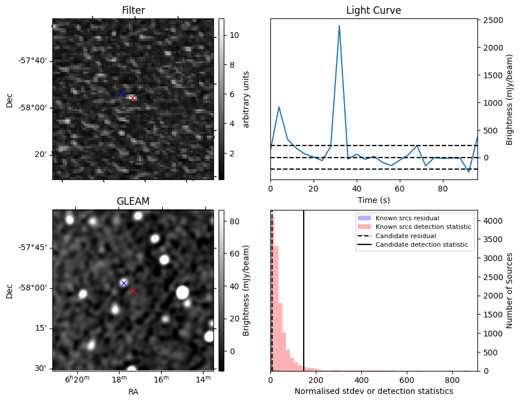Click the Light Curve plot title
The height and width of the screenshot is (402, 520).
click(x=373, y=10)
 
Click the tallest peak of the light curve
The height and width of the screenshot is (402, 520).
click(x=339, y=26)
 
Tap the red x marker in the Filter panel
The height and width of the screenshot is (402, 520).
click(x=133, y=98)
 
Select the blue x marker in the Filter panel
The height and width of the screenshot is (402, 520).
click(x=121, y=93)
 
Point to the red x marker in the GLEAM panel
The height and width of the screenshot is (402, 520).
click(x=133, y=290)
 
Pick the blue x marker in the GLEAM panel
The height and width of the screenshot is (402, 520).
click(x=124, y=282)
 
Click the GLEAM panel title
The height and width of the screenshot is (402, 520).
click(x=133, y=201)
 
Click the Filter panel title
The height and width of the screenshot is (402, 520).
click(x=133, y=10)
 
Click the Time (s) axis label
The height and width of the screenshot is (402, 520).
click(x=373, y=200)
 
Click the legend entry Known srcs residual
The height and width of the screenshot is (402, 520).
click(x=407, y=218)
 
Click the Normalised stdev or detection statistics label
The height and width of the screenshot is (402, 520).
click(x=373, y=391)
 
